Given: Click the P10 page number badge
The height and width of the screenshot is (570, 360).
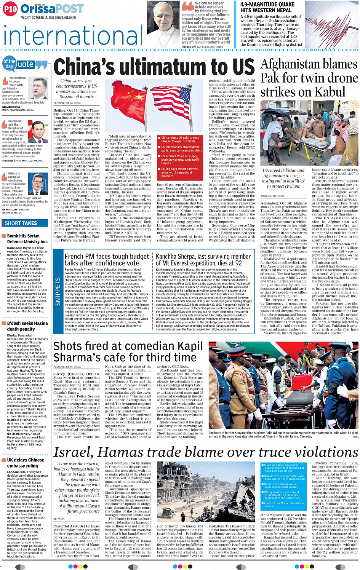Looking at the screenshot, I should click(10, 9).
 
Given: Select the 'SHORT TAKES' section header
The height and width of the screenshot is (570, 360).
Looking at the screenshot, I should click(21, 223).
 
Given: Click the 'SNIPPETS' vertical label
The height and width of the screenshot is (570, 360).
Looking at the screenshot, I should click(58, 291).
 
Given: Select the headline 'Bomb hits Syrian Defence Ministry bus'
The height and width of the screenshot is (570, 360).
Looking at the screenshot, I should click(27, 239).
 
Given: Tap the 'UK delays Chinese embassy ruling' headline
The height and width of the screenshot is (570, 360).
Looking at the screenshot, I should click(26, 463).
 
